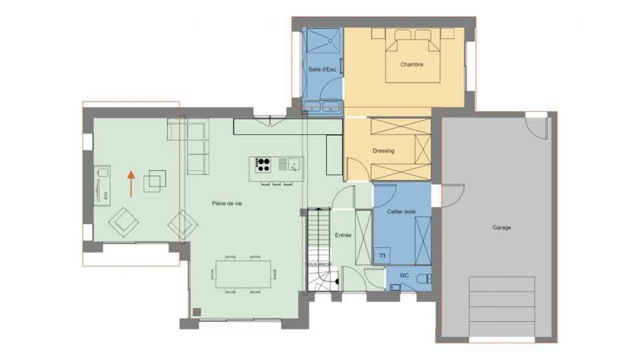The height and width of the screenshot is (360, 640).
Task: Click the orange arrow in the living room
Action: [x=131, y=183]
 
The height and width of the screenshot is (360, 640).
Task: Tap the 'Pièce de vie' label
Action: [x=227, y=204]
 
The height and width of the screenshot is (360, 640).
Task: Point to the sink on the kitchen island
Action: [x=293, y=163]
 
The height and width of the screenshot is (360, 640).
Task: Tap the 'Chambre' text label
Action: [x=412, y=65]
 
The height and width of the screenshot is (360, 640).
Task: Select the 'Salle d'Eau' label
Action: [x=322, y=69]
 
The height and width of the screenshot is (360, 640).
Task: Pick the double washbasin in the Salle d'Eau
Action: [x=323, y=107]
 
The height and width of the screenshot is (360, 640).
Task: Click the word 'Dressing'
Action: [x=383, y=151]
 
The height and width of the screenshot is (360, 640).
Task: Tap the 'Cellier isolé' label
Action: [x=401, y=211]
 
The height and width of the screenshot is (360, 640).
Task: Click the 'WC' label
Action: [x=405, y=275]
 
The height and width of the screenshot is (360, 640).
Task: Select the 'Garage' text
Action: [x=502, y=228]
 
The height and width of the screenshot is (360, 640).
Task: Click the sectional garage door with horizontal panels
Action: [x=503, y=307]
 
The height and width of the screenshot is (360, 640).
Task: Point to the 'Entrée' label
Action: [x=343, y=235]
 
